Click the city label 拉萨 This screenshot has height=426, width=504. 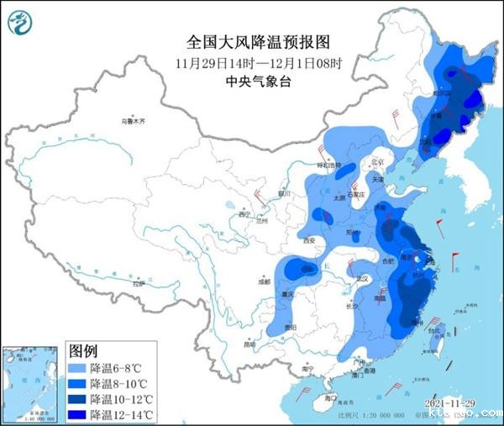(139, 285)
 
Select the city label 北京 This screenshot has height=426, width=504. (376, 162)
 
